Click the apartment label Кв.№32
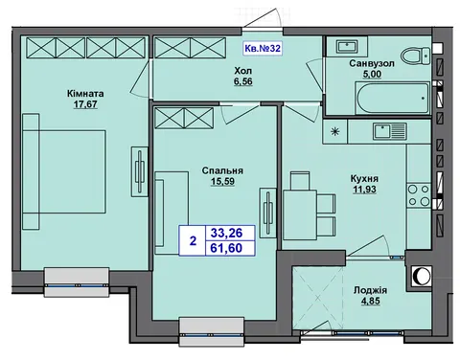(263, 49)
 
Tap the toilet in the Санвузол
(416, 56)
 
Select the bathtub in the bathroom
(392, 98)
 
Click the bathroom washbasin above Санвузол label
(347, 47)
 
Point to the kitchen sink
(389, 131)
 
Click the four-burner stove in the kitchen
(419, 195)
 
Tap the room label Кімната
(85, 94)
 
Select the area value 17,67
(85, 104)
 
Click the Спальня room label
(222, 170)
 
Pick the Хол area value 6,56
(243, 81)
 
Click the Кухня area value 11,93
(364, 190)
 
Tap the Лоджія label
(370, 290)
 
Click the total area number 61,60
(226, 248)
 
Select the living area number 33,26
(226, 233)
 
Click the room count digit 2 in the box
(193, 240)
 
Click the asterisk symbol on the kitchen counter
(334, 131)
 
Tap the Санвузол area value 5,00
(372, 74)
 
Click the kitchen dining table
(300, 214)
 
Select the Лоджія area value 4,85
(371, 301)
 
